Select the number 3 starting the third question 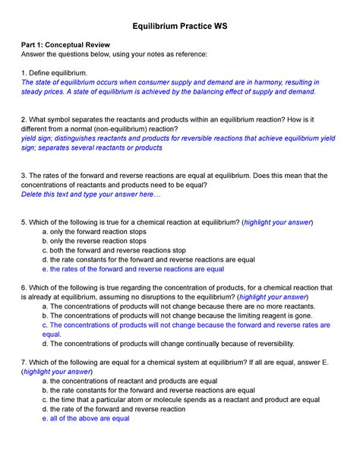23,175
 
